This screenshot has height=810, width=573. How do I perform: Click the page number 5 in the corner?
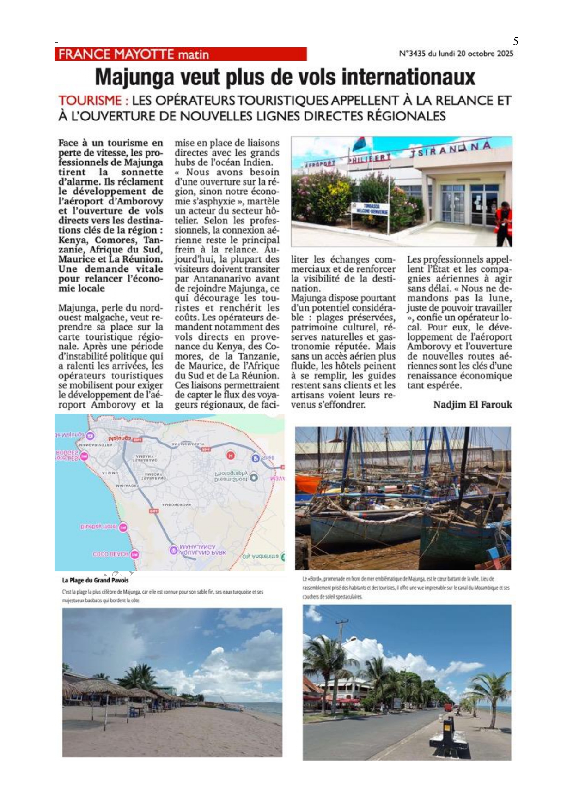click(x=515, y=42)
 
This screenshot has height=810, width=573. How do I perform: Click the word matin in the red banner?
click(x=194, y=54)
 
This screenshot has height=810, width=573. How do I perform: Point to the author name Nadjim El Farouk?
click(x=472, y=405)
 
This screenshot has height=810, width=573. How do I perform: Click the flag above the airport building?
click(x=360, y=143)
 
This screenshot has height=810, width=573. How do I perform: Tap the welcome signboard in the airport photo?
click(x=369, y=209)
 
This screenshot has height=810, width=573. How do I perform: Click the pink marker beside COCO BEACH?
click(x=134, y=554)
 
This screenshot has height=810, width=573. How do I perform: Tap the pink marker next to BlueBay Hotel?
click(x=123, y=527)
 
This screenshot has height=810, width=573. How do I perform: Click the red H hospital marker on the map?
click(x=230, y=456)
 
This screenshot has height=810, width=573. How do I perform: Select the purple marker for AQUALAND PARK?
click(x=174, y=549)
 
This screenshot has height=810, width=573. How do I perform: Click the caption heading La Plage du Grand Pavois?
click(x=95, y=581)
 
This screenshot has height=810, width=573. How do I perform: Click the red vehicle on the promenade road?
click(x=448, y=708)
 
